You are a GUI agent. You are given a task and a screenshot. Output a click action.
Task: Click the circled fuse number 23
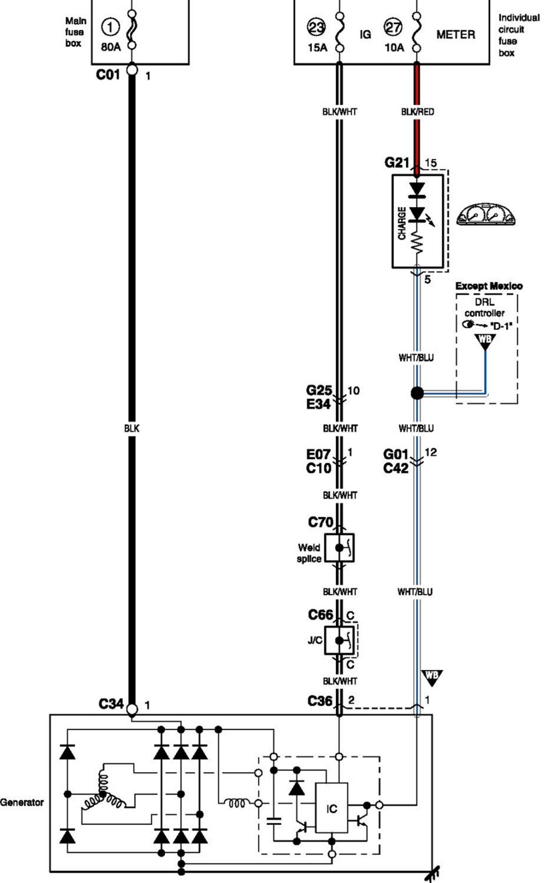(x=317, y=27)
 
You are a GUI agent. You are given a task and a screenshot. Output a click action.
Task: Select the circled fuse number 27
(x=393, y=27)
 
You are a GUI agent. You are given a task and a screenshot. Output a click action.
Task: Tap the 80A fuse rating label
(x=110, y=47)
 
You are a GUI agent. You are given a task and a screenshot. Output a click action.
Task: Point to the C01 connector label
(x=108, y=74)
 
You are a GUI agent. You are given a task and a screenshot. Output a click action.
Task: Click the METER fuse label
(x=456, y=35)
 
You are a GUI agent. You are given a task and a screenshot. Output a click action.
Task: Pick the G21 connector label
(x=397, y=162)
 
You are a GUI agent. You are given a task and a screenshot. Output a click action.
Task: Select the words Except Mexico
(x=489, y=286)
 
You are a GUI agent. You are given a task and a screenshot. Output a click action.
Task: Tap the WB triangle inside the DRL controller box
(x=485, y=340)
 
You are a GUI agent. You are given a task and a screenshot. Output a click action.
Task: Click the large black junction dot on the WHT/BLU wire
(x=417, y=393)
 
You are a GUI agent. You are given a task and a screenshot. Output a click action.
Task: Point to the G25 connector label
(x=319, y=390)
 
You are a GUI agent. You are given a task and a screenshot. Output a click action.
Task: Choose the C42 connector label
(x=396, y=469)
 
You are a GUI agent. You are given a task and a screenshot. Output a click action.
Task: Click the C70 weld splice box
(x=340, y=548)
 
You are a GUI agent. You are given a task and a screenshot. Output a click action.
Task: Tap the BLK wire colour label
(x=131, y=429)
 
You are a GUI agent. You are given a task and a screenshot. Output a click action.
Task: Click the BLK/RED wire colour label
(x=417, y=112)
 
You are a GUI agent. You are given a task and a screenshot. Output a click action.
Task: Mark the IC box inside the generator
(x=331, y=808)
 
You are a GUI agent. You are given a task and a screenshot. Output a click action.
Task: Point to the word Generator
(x=22, y=802)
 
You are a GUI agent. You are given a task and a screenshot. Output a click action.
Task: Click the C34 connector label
(x=111, y=703)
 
